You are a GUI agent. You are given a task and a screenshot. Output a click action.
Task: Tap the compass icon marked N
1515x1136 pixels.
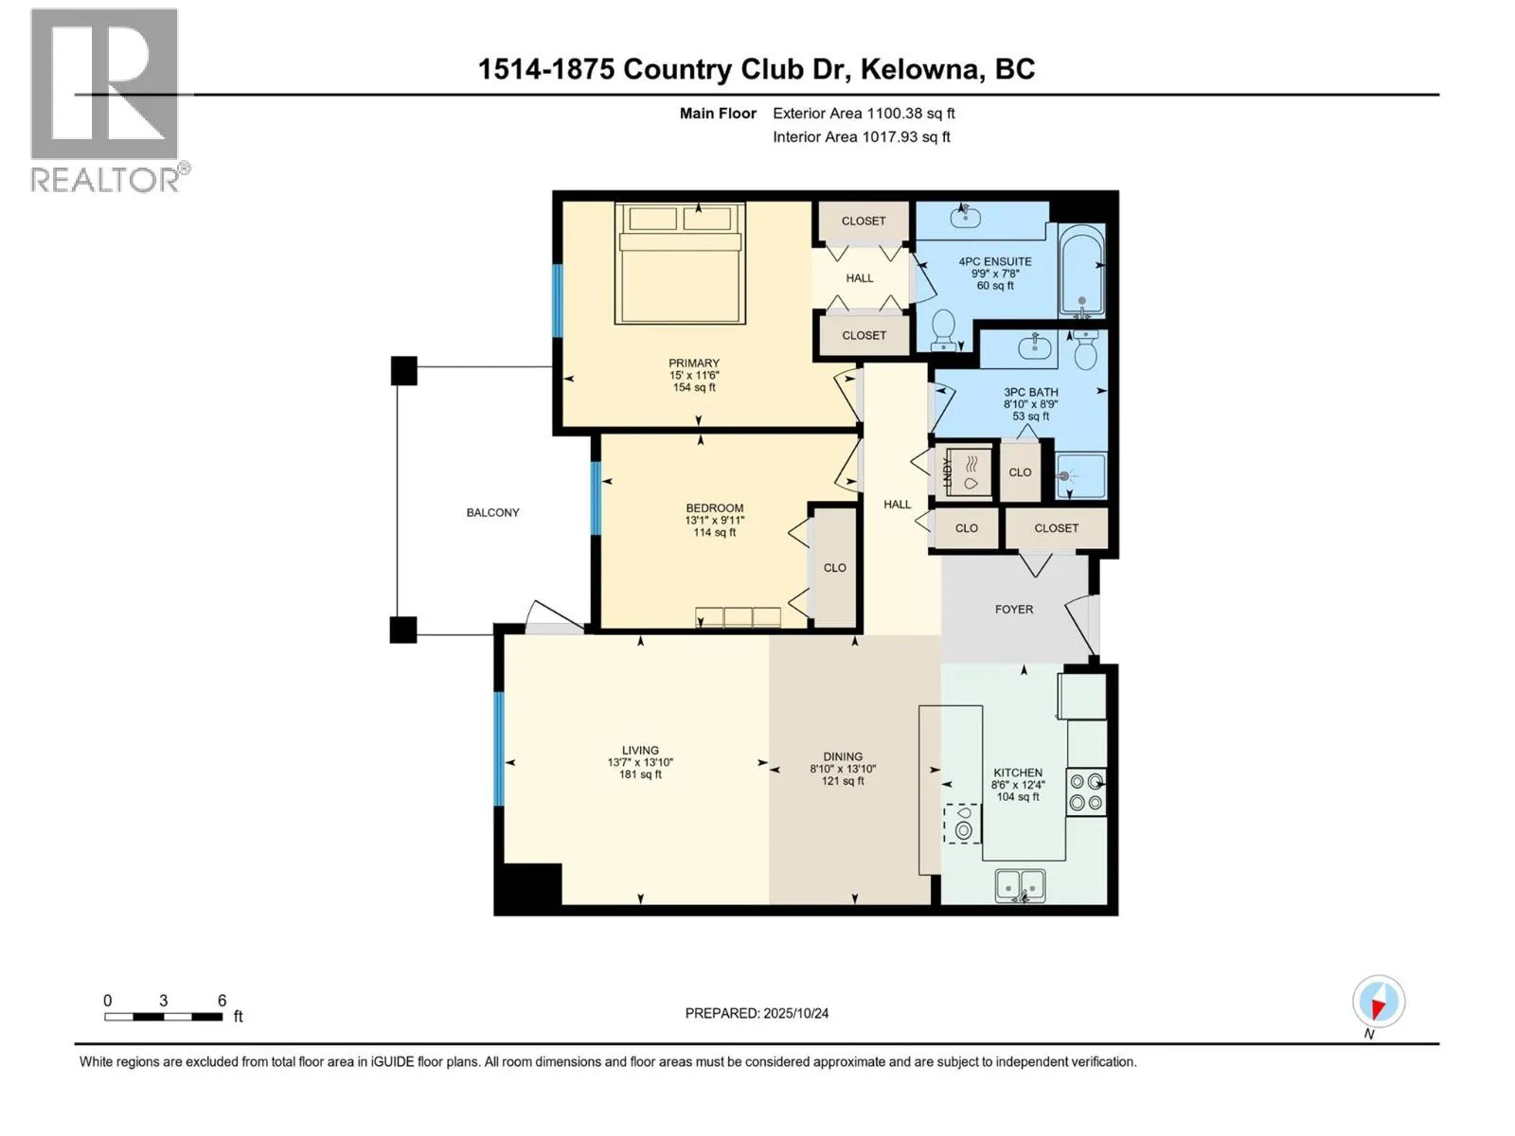[x=1379, y=1002]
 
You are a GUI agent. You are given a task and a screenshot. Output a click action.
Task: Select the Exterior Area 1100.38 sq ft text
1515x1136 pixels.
[x=863, y=113]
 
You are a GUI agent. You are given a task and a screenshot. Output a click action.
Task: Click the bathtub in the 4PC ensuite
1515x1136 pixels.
[x=1081, y=270]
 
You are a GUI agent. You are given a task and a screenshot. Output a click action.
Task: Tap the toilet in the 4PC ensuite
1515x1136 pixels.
[x=943, y=329]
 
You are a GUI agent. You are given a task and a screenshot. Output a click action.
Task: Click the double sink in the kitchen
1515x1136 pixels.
[x=1020, y=885]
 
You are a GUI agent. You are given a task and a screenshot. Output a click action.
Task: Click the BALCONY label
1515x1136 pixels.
[x=492, y=512]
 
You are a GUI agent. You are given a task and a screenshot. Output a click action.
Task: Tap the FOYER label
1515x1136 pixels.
[x=1013, y=609]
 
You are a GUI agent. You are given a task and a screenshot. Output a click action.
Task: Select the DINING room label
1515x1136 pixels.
[x=843, y=756]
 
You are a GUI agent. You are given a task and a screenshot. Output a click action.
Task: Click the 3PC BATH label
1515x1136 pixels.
[x=1031, y=392]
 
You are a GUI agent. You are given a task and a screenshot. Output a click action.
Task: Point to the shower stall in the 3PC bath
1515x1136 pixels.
[x=1080, y=475]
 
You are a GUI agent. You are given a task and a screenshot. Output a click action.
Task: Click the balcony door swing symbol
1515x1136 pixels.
[x=553, y=616]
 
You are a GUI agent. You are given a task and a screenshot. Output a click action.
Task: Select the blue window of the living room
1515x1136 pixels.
[x=499, y=749]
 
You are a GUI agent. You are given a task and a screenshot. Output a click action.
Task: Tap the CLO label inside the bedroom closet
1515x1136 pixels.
[x=834, y=568]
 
